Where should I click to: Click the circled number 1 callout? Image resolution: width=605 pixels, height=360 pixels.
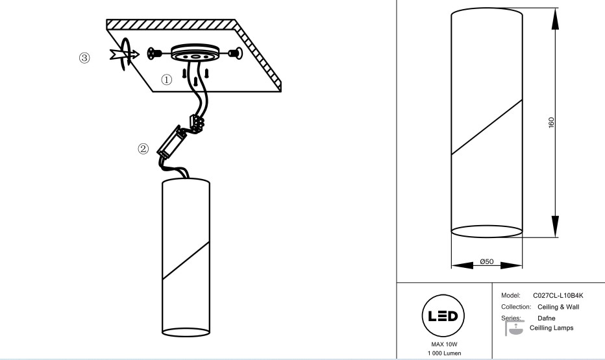click(x=166, y=80)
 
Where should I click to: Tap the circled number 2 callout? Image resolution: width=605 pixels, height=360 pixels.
click(x=143, y=149)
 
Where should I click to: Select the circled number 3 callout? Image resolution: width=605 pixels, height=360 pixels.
click(x=84, y=58)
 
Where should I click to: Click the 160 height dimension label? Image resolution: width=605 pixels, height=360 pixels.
click(x=551, y=123)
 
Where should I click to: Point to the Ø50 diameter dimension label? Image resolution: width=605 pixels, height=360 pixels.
click(x=487, y=261)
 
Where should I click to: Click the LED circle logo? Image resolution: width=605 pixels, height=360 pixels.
click(x=443, y=316)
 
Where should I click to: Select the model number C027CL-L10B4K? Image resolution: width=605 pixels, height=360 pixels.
click(x=558, y=296)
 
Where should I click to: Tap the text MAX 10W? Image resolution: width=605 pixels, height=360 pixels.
click(x=444, y=344)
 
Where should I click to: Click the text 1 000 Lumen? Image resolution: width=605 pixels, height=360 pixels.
click(x=444, y=353)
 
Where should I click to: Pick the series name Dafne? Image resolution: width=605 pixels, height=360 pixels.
click(x=547, y=318)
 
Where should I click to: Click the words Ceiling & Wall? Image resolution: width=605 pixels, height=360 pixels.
click(x=558, y=307)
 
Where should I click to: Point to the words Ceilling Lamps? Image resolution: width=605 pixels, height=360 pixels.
click(x=551, y=328)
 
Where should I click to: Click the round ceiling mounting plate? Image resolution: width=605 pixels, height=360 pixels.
click(x=195, y=53)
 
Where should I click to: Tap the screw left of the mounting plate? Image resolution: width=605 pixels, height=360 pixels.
click(x=154, y=53)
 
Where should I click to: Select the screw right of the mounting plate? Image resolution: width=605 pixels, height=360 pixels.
click(x=236, y=53)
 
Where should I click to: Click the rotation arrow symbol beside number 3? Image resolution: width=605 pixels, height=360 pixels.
click(x=125, y=54)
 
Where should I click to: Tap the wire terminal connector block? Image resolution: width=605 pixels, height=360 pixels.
click(x=197, y=123)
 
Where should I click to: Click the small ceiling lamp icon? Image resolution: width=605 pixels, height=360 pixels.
click(x=514, y=328)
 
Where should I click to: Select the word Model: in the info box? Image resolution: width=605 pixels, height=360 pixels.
click(x=511, y=296)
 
